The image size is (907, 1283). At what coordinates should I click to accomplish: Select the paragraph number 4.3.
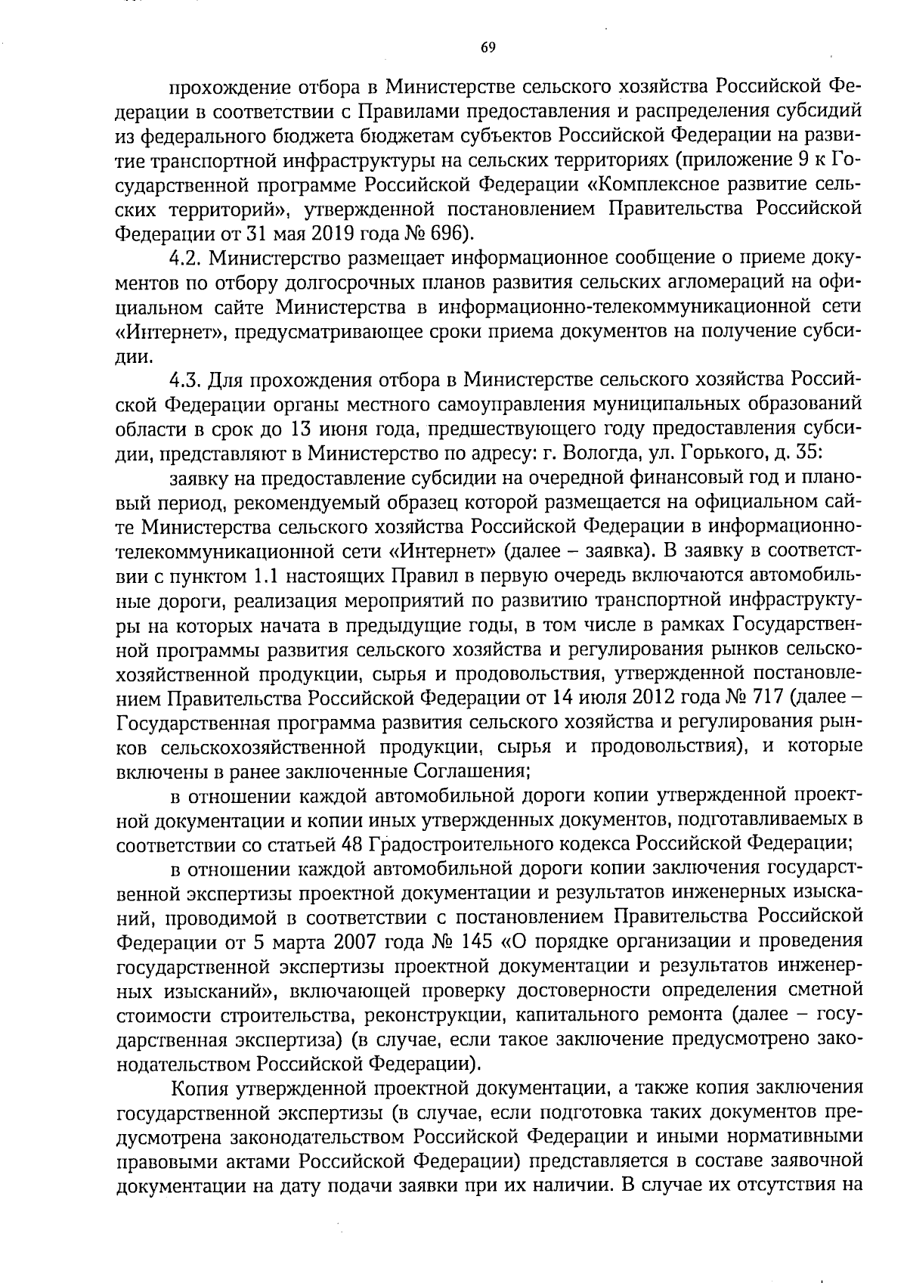pos(185,378)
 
